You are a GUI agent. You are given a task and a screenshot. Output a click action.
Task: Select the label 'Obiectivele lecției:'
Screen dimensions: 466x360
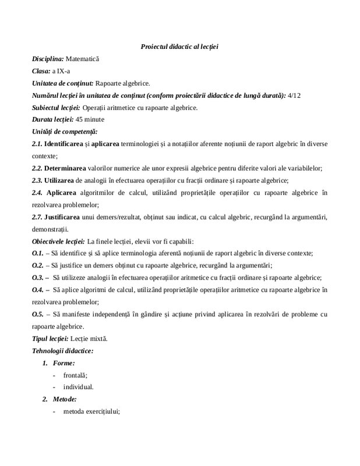click(58, 241)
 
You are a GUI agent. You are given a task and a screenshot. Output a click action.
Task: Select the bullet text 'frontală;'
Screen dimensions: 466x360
click(76, 375)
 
